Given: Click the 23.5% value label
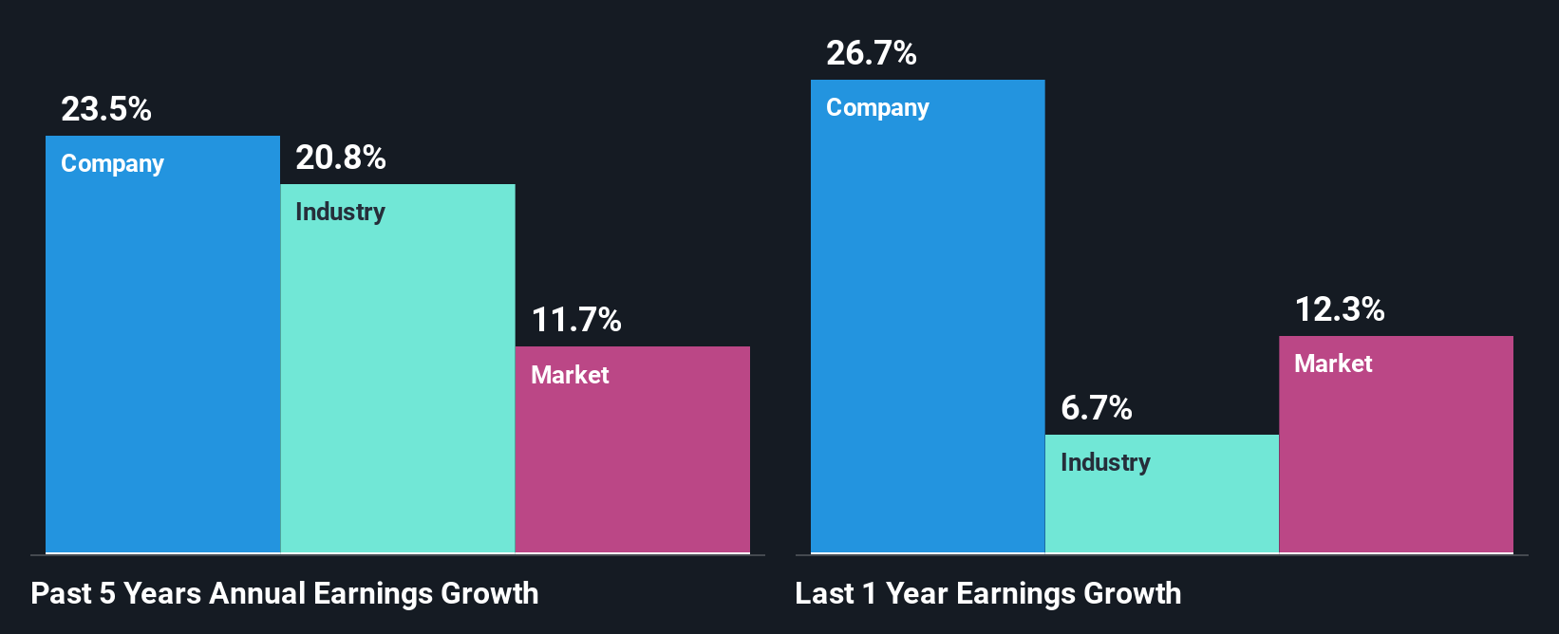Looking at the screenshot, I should [106, 109].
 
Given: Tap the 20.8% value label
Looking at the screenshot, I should [340, 158].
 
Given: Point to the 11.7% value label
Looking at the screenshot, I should [575, 320].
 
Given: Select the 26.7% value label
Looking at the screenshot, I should [871, 53].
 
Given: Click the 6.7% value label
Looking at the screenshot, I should [1096, 408].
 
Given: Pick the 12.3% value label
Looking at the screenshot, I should [1339, 309].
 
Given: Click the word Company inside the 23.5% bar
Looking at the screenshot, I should [112, 164].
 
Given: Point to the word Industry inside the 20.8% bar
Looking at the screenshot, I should [340, 212].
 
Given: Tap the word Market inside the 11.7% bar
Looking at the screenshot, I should [570, 375].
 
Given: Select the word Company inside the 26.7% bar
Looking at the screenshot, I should [877, 108].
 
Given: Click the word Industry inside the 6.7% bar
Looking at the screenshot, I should [1105, 462].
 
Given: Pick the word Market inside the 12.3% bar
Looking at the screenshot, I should [1333, 364].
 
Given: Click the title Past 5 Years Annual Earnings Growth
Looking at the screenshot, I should [284, 593].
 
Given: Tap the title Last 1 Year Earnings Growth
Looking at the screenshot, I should [987, 593].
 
